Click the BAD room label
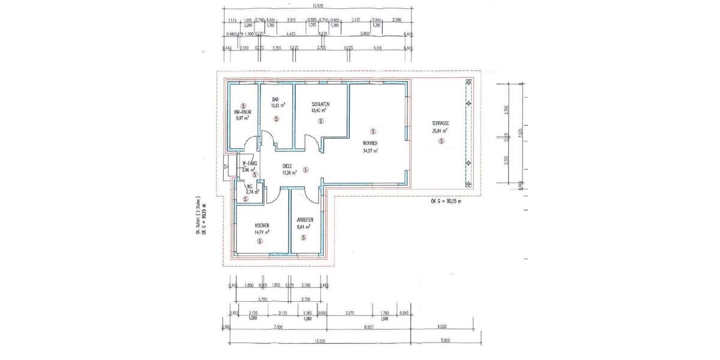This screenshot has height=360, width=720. [x=275, y=99]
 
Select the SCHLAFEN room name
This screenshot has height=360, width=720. [x=321, y=104]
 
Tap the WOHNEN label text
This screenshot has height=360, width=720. [x=370, y=143]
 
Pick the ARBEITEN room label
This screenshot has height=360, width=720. [x=304, y=220]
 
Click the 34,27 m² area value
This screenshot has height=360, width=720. [x=370, y=151]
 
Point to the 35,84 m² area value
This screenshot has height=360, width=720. [x=440, y=131]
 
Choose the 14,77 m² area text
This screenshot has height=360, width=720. [x=260, y=232]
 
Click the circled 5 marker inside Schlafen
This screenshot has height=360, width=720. [x=321, y=121]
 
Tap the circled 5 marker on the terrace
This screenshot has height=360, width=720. [x=441, y=142]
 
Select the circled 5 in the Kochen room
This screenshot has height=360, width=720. [x=260, y=241]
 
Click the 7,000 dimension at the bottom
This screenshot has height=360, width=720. [x=277, y=328]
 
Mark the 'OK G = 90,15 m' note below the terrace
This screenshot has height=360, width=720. [x=446, y=202]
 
